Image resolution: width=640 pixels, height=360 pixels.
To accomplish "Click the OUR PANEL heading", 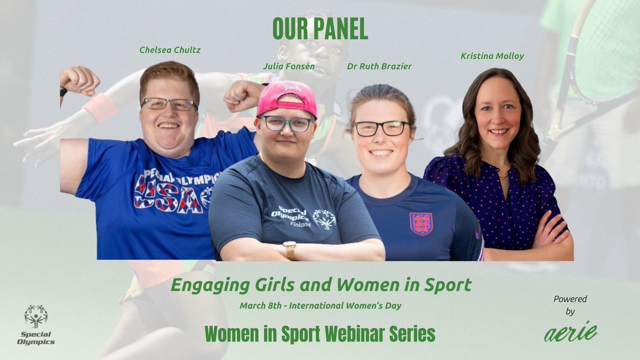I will click(320, 30).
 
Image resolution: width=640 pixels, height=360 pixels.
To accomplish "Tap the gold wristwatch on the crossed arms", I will click(290, 250).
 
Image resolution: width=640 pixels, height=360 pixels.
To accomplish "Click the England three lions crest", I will click(421, 223).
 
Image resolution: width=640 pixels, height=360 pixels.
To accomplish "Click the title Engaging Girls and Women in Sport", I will click(321, 285).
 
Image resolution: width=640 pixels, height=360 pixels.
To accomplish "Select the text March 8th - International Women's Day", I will click(321, 306).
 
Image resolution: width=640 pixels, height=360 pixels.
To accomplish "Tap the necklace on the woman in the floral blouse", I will click(502, 174).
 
